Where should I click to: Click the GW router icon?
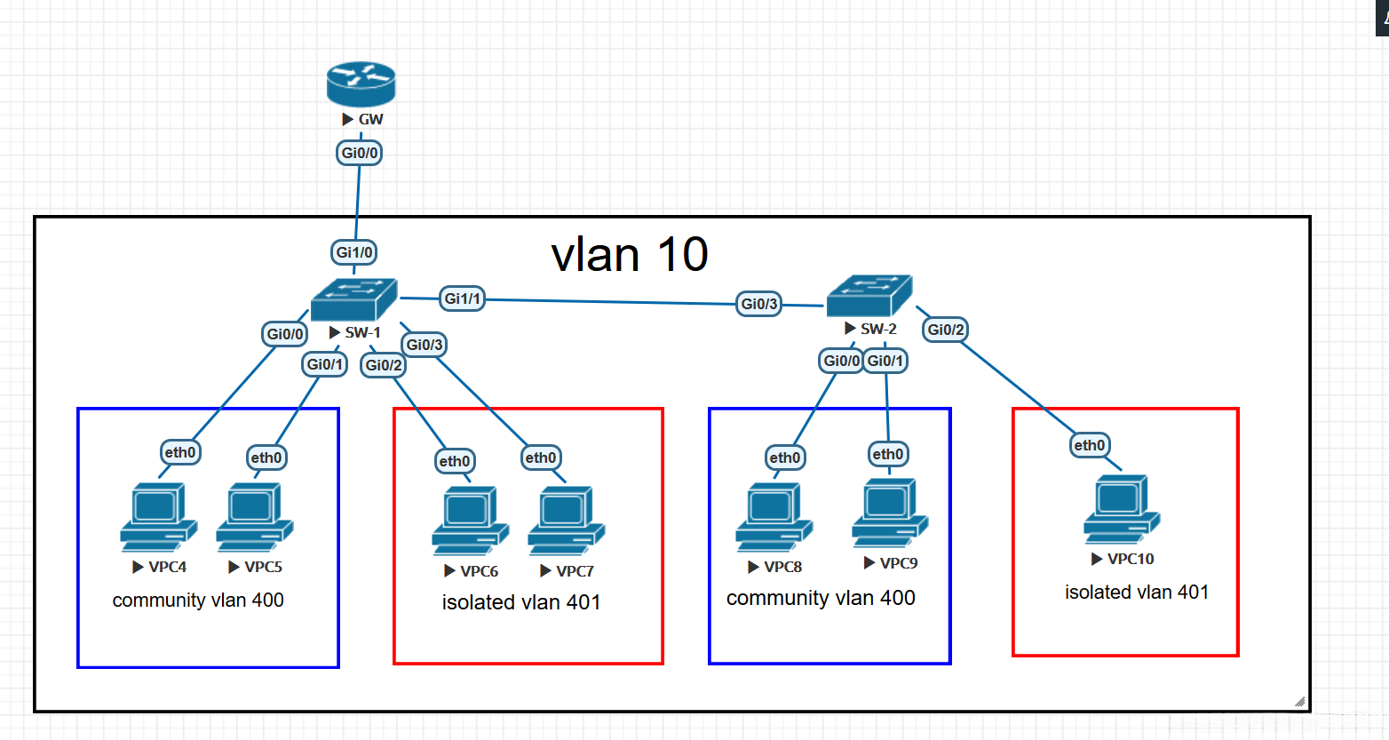[x=361, y=84]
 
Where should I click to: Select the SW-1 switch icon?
[x=353, y=299]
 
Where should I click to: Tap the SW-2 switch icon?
[x=869, y=296]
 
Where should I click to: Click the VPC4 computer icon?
[x=158, y=517]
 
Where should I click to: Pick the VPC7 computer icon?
[x=566, y=521]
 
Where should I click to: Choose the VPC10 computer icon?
[x=1121, y=509]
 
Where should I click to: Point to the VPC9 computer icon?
[x=890, y=513]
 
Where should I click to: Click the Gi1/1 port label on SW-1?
[x=463, y=298]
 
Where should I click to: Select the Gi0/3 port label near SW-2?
[x=759, y=304]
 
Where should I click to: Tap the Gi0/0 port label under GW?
[x=360, y=153]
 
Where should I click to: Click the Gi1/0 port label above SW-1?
[x=354, y=252]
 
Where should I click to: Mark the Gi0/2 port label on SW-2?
[x=946, y=330]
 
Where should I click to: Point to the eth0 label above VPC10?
[x=1090, y=445]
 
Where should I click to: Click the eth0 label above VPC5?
[x=266, y=458]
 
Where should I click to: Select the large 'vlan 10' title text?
[x=629, y=255]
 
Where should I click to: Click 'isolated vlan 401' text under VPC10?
[x=1137, y=593]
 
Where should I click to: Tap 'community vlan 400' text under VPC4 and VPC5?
[x=198, y=601]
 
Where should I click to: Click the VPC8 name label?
[x=782, y=567]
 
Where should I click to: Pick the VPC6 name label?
[x=479, y=571]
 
